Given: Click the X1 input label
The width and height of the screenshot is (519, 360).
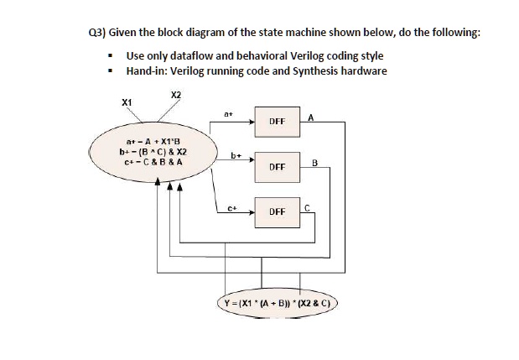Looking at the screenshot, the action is pyautogui.click(x=127, y=102).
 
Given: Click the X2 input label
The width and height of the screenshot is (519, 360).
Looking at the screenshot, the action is pyautogui.click(x=176, y=95).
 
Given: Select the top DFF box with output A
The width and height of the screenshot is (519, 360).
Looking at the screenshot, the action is pyautogui.click(x=278, y=122).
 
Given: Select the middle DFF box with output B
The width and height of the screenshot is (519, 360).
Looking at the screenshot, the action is pyautogui.click(x=278, y=167).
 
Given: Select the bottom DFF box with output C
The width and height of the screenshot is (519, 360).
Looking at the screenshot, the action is pyautogui.click(x=278, y=212).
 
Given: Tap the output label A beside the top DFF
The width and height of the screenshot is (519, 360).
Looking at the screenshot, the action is pyautogui.click(x=310, y=117).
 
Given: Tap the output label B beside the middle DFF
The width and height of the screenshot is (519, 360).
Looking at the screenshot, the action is pyautogui.click(x=314, y=163).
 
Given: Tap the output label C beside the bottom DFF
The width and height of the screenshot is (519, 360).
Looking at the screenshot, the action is pyautogui.click(x=307, y=208).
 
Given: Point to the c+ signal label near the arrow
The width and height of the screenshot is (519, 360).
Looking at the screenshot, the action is pyautogui.click(x=233, y=209).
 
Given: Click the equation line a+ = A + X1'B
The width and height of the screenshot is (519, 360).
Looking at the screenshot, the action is pyautogui.click(x=153, y=142).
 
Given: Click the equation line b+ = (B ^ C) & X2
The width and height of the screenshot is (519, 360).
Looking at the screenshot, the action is pyautogui.click(x=153, y=152).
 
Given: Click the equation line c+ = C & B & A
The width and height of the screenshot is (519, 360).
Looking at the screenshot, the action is pyautogui.click(x=153, y=162).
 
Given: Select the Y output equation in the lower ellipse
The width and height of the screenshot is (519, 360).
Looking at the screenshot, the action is pyautogui.click(x=277, y=303).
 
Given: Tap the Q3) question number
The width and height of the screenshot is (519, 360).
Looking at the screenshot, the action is pyautogui.click(x=97, y=33).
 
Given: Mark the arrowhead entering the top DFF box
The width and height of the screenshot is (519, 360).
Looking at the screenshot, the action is pyautogui.click(x=252, y=122).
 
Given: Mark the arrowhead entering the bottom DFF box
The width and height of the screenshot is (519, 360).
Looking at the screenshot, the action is pyautogui.click(x=252, y=212).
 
